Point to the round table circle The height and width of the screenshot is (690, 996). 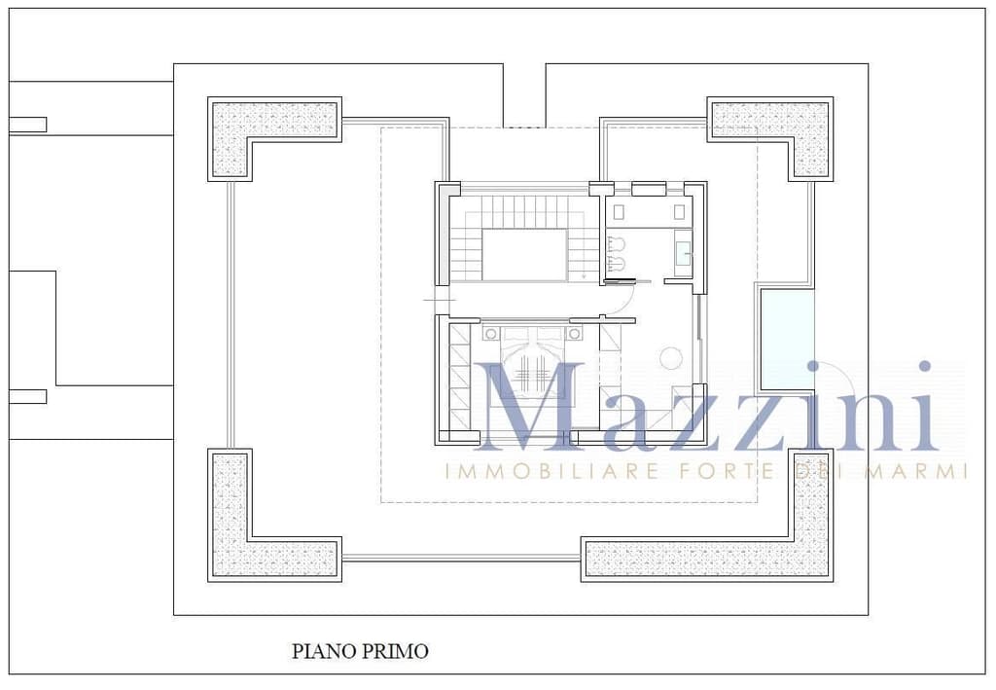(x=671, y=358)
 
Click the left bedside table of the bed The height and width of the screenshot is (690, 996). (x=491, y=333)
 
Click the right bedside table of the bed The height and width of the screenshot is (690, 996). (x=574, y=333)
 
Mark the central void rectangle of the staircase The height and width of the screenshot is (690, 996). (x=524, y=255)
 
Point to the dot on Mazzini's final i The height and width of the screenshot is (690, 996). (x=925, y=367)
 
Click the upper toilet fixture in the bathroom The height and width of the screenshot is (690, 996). (x=615, y=244)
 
